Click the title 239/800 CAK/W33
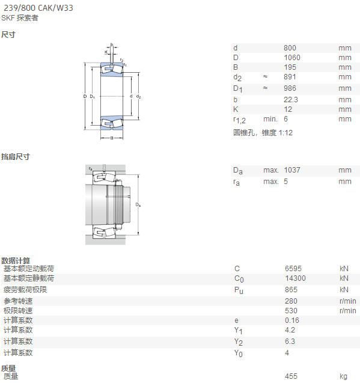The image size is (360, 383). [x=38, y=8]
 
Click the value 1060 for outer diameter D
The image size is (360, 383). [x=292, y=58]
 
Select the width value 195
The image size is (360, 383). [x=290, y=67]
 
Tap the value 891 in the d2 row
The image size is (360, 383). [x=290, y=77]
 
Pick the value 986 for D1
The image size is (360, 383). [x=290, y=88]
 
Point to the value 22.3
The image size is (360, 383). [x=291, y=100]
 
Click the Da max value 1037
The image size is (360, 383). [x=292, y=170]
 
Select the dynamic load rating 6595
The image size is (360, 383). [x=293, y=269]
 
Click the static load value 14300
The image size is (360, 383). [x=295, y=278]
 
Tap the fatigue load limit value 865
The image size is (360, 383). [x=291, y=290]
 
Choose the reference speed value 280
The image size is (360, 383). [x=291, y=301]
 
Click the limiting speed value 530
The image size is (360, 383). [x=291, y=311]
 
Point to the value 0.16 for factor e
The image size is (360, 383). [x=292, y=320]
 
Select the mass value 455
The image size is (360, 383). [x=291, y=376]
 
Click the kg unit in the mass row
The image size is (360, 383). [x=343, y=376]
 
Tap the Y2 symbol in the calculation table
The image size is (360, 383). [x=239, y=342]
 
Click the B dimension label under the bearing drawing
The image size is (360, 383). [x=112, y=138]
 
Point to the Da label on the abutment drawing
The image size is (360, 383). [x=138, y=204]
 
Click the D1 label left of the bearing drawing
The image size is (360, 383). [x=92, y=96]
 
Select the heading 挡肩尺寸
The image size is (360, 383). [x=16, y=156]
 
